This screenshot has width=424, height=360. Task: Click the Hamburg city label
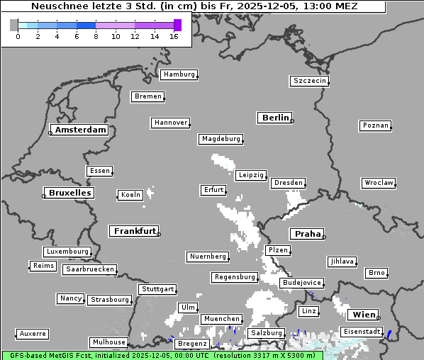click(x=179, y=74)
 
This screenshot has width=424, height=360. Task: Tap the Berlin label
click(x=275, y=118)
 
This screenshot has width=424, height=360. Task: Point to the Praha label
click(x=308, y=234)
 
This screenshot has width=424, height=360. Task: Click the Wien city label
click(x=363, y=315)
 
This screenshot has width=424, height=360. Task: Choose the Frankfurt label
click(x=135, y=231)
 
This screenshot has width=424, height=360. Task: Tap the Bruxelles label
click(x=70, y=193)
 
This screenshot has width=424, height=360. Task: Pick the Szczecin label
click(x=310, y=81)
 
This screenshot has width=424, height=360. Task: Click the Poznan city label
click(x=375, y=125)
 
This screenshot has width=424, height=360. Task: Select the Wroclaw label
click(x=379, y=183)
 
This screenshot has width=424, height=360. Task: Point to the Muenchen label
click(x=222, y=319)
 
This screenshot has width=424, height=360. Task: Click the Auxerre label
click(x=33, y=333)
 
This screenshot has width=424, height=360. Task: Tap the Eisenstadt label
click(x=362, y=332)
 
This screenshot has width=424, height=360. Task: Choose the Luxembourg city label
click(x=67, y=252)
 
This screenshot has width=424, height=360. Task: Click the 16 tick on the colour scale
click(x=174, y=37)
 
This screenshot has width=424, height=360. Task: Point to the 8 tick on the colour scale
click(x=96, y=37)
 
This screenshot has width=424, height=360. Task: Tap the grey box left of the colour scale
click(x=14, y=25)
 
